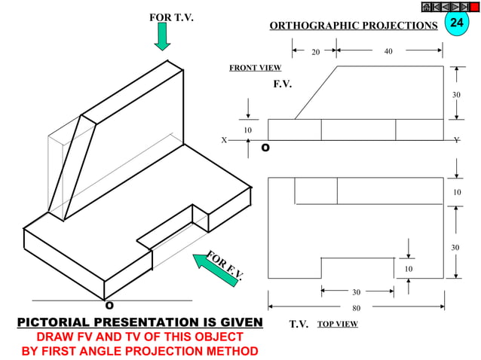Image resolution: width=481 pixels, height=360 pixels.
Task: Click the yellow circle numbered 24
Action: pyautogui.click(x=455, y=23)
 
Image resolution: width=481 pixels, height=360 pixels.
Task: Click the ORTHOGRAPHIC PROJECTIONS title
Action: pyautogui.click(x=353, y=26)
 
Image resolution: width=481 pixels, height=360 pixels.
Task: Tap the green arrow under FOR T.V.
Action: pyautogui.click(x=162, y=36)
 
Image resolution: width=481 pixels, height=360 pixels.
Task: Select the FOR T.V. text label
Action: pyautogui.click(x=171, y=17)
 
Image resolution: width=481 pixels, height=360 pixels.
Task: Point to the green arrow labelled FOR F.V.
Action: pyautogui.click(x=213, y=270)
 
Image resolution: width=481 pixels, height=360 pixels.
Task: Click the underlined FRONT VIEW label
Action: pyautogui.click(x=255, y=68)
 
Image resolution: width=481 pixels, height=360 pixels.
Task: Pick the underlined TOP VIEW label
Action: pyautogui.click(x=337, y=324)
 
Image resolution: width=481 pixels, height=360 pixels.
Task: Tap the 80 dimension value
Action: pyautogui.click(x=357, y=307)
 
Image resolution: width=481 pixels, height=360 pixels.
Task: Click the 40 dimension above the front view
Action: pyautogui.click(x=388, y=52)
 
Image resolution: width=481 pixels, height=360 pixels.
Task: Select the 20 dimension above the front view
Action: pyautogui.click(x=316, y=52)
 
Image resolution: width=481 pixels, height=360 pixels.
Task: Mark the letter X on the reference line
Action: pyautogui.click(x=224, y=140)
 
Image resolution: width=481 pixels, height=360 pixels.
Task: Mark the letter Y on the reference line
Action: pyautogui.click(x=456, y=140)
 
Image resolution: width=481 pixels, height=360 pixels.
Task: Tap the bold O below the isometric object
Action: pyautogui.click(x=109, y=305)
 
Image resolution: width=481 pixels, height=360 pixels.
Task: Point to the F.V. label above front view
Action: pyautogui.click(x=282, y=84)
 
